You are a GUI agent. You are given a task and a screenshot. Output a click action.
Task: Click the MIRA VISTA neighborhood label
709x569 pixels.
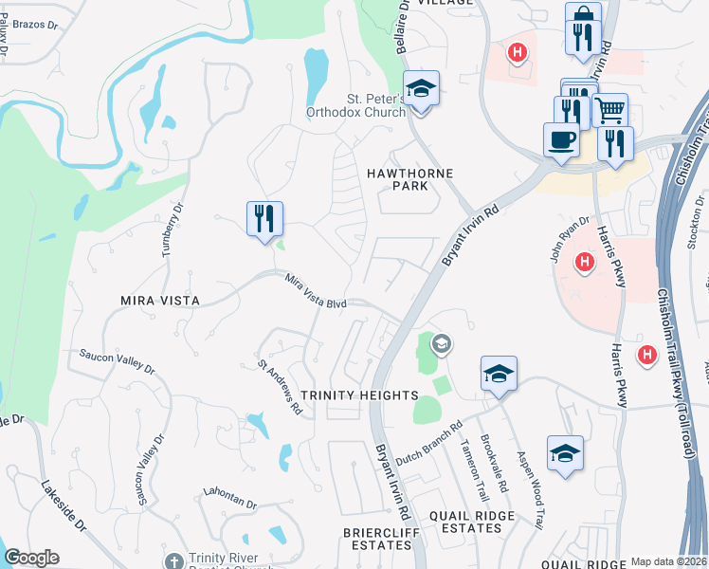tap(159, 300)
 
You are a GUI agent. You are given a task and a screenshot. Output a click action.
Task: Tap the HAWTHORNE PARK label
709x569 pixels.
tap(410, 179)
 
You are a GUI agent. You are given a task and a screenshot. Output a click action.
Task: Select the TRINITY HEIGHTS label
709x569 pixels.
tap(359, 395)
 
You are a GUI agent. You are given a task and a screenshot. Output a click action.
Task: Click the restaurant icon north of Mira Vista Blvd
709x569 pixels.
tap(264, 218)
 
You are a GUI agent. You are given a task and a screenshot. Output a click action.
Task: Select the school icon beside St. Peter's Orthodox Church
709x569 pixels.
tap(421, 89)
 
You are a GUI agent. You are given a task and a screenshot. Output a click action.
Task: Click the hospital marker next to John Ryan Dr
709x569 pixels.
tap(585, 261)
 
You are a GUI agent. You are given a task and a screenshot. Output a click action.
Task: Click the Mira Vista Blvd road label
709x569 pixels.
tap(317, 290)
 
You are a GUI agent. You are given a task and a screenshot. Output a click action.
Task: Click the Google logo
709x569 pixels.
tap(32, 558)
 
